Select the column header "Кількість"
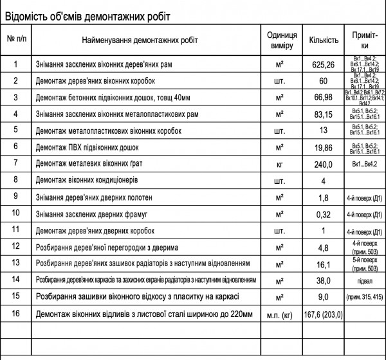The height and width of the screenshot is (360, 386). (x=324, y=40)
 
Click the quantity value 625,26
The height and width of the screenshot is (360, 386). (x=324, y=64)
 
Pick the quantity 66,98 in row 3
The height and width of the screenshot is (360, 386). (x=324, y=97)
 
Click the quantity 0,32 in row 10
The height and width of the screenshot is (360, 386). (x=324, y=213)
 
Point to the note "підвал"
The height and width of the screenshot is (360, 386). (x=365, y=280)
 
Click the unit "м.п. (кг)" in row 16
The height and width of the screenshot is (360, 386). (x=280, y=314)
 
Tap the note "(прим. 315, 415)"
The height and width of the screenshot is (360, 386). (x=365, y=297)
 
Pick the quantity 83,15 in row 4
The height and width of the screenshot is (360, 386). (x=324, y=114)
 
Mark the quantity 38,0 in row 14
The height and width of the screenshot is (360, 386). (x=324, y=280)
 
